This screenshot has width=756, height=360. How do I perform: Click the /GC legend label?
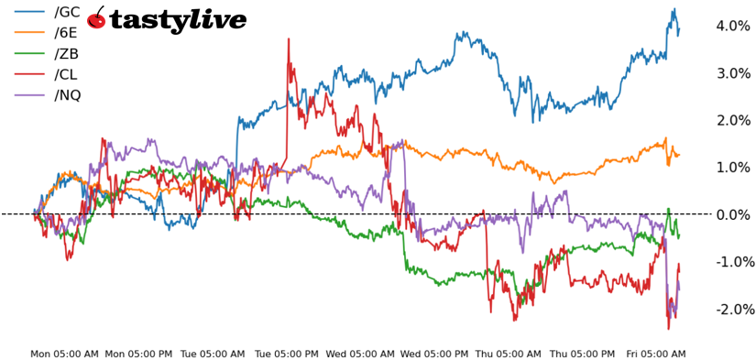click(67, 12)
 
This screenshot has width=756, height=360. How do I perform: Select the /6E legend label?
click(66, 33)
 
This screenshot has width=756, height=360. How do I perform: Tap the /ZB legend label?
click(66, 53)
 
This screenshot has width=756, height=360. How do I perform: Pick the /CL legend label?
click(66, 74)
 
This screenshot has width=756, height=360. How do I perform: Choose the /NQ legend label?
click(67, 94)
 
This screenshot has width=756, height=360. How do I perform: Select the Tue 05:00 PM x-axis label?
click(287, 354)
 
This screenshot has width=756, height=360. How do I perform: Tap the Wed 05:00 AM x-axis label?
click(361, 354)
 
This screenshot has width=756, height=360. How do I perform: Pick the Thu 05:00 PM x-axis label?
click(584, 354)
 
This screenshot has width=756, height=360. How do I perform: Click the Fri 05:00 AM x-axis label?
click(655, 354)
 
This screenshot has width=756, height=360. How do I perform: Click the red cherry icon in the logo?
click(96, 18)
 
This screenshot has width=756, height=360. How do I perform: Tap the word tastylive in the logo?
click(178, 20)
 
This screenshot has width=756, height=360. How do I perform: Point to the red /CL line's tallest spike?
click(288, 39)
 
